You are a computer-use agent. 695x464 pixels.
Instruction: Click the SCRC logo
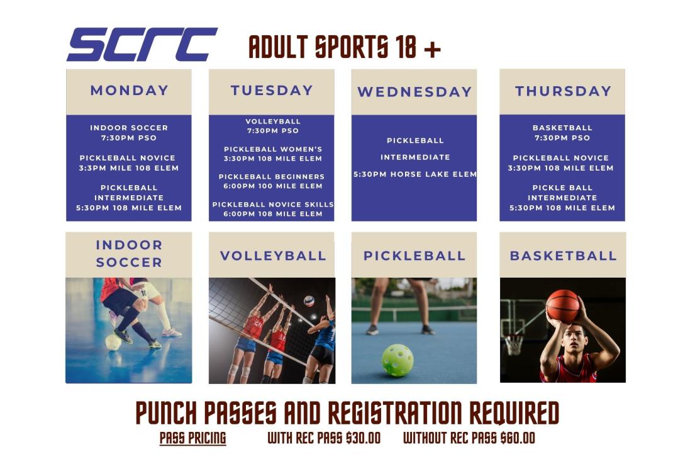pyautogui.click(x=142, y=45)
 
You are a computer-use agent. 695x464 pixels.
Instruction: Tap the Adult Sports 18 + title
pyautogui.click(x=345, y=47)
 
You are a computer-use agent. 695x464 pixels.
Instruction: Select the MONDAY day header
pyautogui.click(x=129, y=91)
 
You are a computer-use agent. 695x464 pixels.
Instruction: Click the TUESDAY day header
pyautogui.click(x=272, y=91)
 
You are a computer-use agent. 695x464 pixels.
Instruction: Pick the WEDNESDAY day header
pyautogui.click(x=414, y=92)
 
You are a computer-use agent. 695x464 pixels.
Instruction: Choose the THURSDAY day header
pyautogui.click(x=563, y=91)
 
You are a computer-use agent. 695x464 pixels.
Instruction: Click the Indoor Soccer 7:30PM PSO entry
pyautogui.click(x=129, y=133)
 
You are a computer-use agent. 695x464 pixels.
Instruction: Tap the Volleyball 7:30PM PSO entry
pyautogui.click(x=272, y=126)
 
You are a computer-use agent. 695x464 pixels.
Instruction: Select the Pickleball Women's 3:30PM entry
pyautogui.click(x=272, y=154)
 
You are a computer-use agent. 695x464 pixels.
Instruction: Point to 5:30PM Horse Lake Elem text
pyautogui.click(x=414, y=174)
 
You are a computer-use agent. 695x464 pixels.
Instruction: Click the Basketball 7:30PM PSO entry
pyautogui.click(x=562, y=133)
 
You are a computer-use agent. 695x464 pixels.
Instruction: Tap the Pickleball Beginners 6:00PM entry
pyautogui.click(x=272, y=181)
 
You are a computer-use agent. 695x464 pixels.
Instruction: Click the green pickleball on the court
pyautogui.click(x=398, y=360)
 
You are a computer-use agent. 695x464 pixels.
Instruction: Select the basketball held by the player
pyautogui.click(x=562, y=305)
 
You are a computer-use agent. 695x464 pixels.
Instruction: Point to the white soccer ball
pyautogui.click(x=113, y=342)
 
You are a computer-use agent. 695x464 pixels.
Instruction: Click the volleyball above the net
pyautogui.click(x=309, y=301)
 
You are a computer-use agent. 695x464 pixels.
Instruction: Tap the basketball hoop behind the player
pyautogui.click(x=514, y=342)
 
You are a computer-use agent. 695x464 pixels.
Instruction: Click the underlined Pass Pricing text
pyautogui.click(x=192, y=438)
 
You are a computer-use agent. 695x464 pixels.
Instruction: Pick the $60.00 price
pyautogui.click(x=518, y=438)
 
